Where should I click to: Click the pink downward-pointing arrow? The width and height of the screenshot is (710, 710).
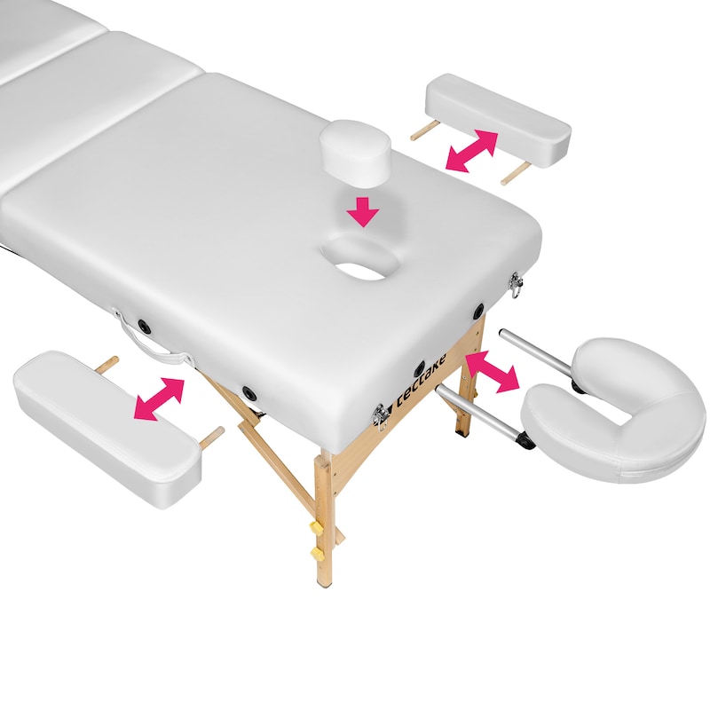pyautogui.click(x=363, y=210)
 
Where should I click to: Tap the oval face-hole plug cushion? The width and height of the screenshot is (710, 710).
pyautogui.click(x=355, y=153)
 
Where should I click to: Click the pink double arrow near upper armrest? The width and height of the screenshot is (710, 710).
pyautogui.click(x=472, y=151)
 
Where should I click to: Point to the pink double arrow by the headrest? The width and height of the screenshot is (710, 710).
pyautogui.click(x=493, y=372)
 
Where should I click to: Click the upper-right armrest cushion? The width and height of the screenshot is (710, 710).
pyautogui.click(x=498, y=121)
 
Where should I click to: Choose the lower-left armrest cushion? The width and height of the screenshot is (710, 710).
pyautogui.click(x=106, y=427)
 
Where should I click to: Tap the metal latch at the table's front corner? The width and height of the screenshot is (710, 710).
pyautogui.click(x=381, y=415)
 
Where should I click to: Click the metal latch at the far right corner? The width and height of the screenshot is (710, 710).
pyautogui.click(x=516, y=285)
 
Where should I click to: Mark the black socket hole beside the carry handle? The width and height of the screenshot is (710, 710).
pyautogui.click(x=145, y=325)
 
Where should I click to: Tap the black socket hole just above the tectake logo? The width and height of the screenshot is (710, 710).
pyautogui.click(x=420, y=369)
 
